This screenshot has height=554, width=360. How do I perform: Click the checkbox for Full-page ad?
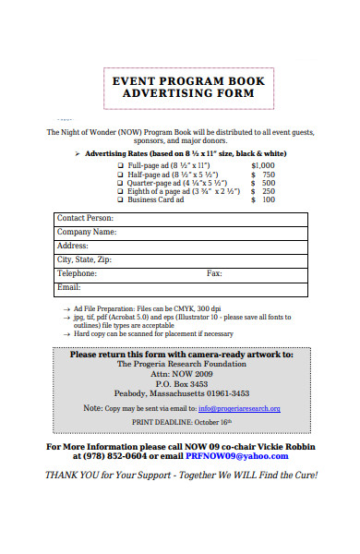pyautogui.click(x=120, y=163)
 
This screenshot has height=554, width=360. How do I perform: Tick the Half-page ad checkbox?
pyautogui.click(x=120, y=173)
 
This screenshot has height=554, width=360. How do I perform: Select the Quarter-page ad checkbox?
pyautogui.click(x=120, y=182)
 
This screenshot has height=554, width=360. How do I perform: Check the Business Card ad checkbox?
pyautogui.click(x=120, y=199)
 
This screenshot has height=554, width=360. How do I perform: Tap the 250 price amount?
pyautogui.click(x=268, y=190)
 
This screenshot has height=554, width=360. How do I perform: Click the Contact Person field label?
pyautogui.click(x=85, y=218)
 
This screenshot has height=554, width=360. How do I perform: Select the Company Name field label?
pyautogui.click(x=87, y=232)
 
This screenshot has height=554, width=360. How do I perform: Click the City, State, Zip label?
pyautogui.click(x=84, y=259)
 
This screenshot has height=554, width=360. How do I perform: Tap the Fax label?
pyautogui.click(x=214, y=273)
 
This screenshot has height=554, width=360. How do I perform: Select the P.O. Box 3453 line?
pyautogui.click(x=181, y=382)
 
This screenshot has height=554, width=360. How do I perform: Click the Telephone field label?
pyautogui.click(x=77, y=273)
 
